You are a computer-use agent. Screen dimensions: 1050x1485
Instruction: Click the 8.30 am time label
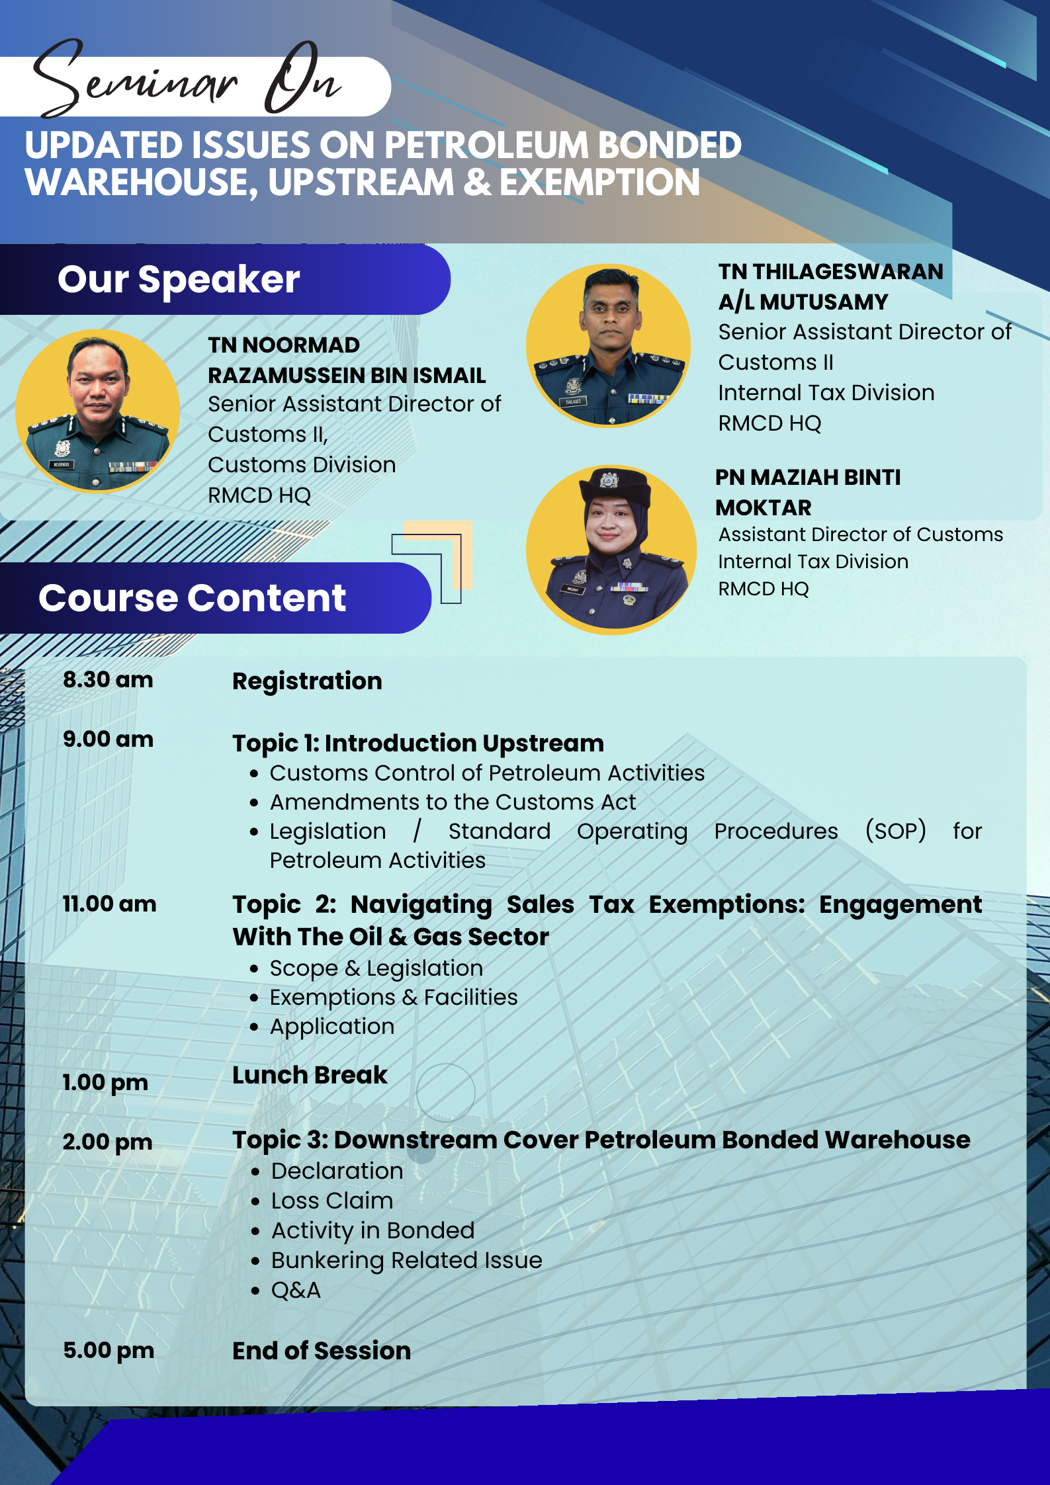point(108,680)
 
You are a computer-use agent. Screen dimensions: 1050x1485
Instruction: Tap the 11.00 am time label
point(109,904)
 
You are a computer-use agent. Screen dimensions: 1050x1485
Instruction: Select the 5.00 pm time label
point(109,1350)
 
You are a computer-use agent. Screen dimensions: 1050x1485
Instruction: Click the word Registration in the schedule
point(307,681)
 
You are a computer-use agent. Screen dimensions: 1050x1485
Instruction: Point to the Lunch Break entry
point(310,1075)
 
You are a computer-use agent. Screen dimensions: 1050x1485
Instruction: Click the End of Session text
point(322,1351)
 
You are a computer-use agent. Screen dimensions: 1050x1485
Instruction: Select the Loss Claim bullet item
point(332,1201)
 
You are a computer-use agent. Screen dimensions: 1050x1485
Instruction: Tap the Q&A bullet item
point(296,1290)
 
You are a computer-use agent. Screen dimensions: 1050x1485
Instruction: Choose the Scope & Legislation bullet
point(376,968)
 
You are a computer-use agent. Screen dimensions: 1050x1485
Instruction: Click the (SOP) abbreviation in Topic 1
point(896,831)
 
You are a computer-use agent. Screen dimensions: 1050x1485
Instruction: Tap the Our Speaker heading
point(179,279)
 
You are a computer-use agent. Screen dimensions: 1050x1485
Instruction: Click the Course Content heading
point(192,598)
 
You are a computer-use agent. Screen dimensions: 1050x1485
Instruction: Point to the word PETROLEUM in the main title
point(486,146)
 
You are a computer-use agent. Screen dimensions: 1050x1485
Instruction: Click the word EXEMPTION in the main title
point(599,183)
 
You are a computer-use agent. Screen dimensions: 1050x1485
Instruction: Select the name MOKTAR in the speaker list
point(764,507)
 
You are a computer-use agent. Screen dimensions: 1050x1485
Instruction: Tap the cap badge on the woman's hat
point(609,479)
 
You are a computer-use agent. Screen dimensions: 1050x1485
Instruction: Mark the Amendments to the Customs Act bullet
point(453,802)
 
